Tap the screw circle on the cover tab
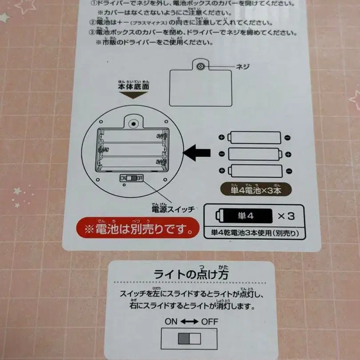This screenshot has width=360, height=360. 200,66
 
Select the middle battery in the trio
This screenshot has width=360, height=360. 255,154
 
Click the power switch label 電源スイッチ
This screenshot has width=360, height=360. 173,209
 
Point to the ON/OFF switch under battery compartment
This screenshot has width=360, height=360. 132,178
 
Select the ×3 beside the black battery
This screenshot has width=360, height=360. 286,216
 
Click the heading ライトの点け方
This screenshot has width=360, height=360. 191,274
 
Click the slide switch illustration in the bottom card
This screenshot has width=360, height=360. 189,339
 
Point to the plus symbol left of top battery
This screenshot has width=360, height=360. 221,137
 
